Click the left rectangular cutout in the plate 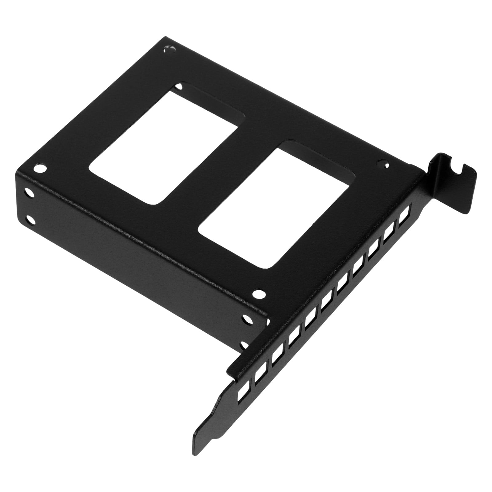click(163, 145)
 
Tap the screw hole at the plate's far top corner click(169, 49)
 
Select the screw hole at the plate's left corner click(41, 169)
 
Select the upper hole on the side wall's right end click(247, 320)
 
